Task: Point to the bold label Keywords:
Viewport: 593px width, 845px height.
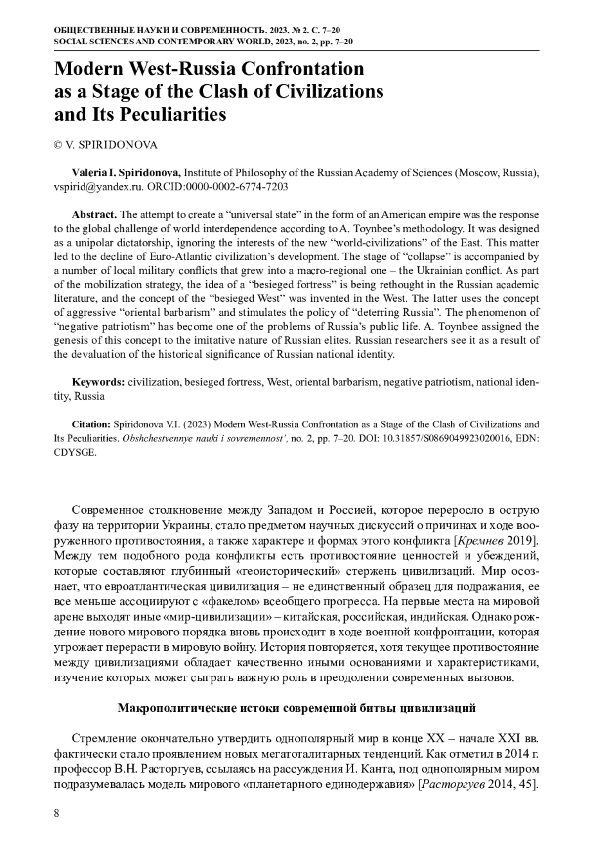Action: click(x=98, y=382)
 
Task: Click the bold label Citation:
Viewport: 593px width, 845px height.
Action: click(x=91, y=424)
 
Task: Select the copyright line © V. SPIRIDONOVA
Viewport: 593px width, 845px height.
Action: click(x=106, y=145)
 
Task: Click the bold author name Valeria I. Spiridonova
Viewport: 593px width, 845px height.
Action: click(x=127, y=173)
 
